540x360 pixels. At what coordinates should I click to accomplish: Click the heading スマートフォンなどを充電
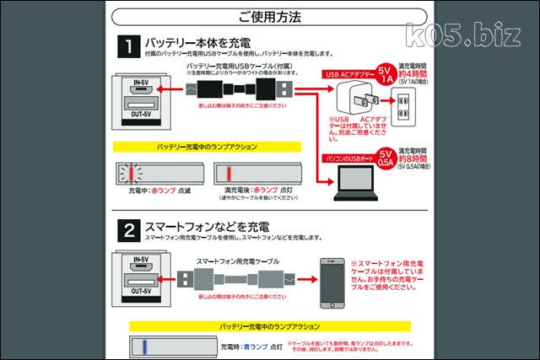pos(206,227)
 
